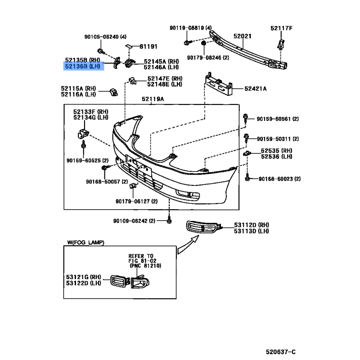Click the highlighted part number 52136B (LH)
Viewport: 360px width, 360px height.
click(x=83, y=66)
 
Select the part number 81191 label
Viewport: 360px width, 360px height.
click(x=148, y=47)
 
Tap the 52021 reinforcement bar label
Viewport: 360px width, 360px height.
click(x=243, y=36)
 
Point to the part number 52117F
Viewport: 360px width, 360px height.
click(x=282, y=28)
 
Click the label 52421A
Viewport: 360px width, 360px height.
click(x=256, y=89)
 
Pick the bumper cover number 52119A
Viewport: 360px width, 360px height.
click(x=153, y=99)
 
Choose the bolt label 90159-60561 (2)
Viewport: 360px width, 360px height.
click(x=278, y=119)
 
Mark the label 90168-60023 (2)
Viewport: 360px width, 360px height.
click(x=279, y=179)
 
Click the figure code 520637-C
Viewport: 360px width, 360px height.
click(x=281, y=352)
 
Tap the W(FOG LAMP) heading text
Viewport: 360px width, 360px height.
click(x=85, y=243)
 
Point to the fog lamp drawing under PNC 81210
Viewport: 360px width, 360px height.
click(x=140, y=282)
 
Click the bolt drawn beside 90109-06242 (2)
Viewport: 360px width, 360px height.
click(x=169, y=220)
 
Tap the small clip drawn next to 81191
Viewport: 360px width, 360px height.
click(x=129, y=46)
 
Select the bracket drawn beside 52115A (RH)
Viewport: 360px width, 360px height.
click(x=114, y=92)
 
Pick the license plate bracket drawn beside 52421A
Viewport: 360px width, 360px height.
click(x=218, y=84)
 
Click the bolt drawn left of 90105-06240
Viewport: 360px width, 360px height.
click(x=101, y=51)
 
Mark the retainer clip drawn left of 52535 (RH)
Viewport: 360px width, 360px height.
click(x=247, y=153)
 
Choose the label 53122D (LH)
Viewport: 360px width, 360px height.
click(x=84, y=283)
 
